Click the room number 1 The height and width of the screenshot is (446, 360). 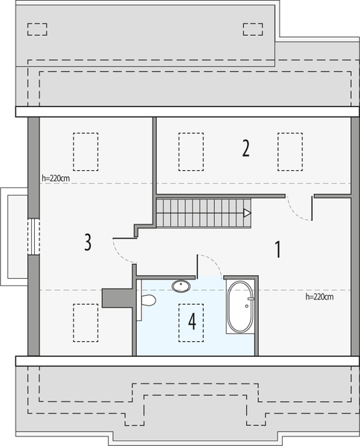pyautogui.click(x=277, y=248)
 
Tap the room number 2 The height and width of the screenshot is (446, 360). pyautogui.click(x=245, y=149)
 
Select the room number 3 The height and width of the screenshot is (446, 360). pyautogui.click(x=88, y=242)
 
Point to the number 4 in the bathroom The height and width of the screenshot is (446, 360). pyautogui.click(x=192, y=322)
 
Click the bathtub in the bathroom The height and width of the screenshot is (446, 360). pyautogui.click(x=240, y=306)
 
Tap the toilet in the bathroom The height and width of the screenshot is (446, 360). pyautogui.click(x=147, y=300)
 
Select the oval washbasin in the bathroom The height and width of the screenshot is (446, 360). pyautogui.click(x=181, y=285)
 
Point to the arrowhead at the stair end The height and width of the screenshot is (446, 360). pyautogui.click(x=247, y=213)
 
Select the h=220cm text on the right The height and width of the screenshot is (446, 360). pyautogui.click(x=319, y=297)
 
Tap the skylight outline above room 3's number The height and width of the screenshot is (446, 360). pyautogui.click(x=86, y=152)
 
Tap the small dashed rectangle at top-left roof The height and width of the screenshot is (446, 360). pyautogui.click(x=36, y=30)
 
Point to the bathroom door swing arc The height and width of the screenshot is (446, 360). pyautogui.click(x=210, y=264)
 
